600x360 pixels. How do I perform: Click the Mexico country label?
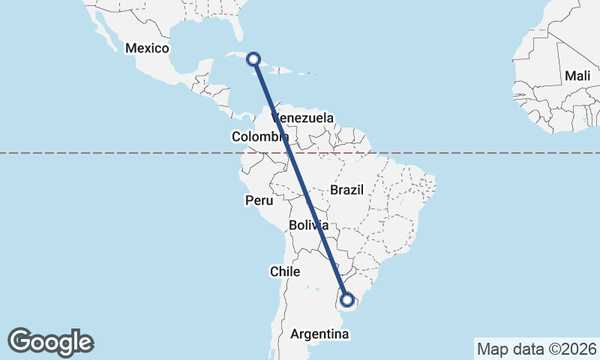click(x=148, y=48)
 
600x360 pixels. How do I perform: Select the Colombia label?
click(x=260, y=136)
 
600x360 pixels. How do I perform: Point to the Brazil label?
click(x=346, y=190)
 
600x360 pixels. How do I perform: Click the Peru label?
click(x=259, y=200)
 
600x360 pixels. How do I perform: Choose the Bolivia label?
click(x=308, y=225)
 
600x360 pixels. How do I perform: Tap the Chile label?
click(x=286, y=271)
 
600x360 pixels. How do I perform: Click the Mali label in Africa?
click(x=577, y=76)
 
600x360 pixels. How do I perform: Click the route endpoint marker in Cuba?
click(x=254, y=58)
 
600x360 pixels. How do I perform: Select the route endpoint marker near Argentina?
click(x=347, y=300)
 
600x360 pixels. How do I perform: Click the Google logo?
click(x=50, y=341)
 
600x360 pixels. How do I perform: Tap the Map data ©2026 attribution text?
click(x=537, y=349)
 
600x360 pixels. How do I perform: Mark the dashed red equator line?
click(x=465, y=153)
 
